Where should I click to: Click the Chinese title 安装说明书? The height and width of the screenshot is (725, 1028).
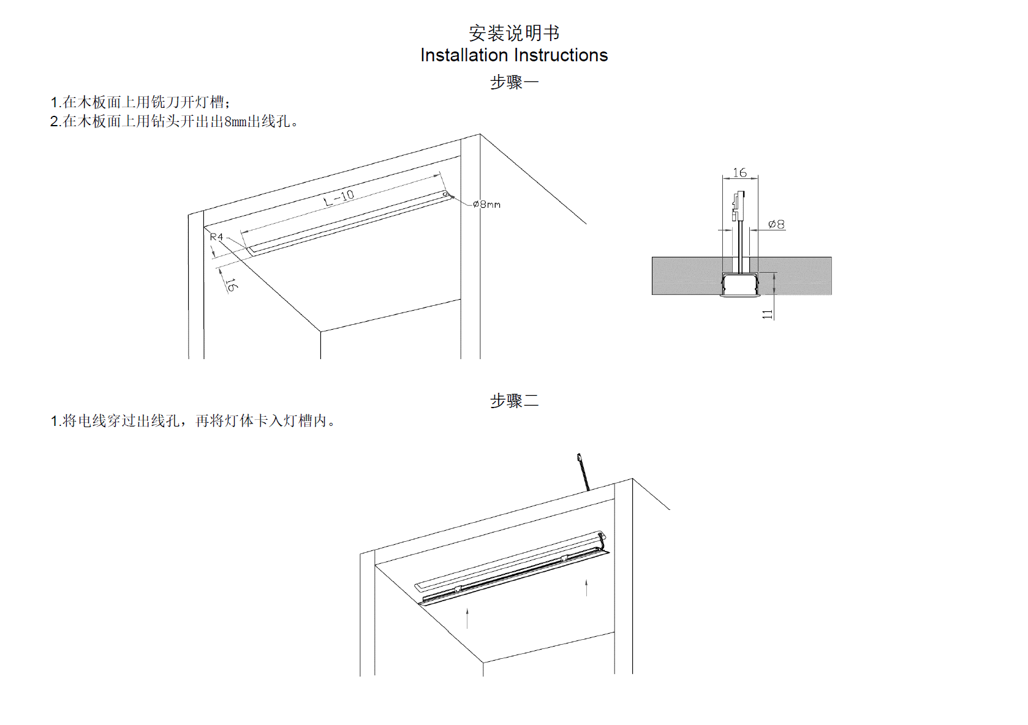tap(514, 32)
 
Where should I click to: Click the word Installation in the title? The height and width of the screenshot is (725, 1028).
tap(464, 55)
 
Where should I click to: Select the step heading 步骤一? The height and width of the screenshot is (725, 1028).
tap(514, 82)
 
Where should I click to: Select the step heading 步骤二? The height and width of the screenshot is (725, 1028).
tap(514, 401)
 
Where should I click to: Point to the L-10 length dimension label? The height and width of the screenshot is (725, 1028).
tap(339, 197)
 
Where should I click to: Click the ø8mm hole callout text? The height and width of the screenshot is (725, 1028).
tap(487, 204)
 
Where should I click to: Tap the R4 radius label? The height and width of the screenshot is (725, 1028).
tap(216, 237)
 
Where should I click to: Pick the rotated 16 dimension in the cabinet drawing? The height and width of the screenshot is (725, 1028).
tap(231, 284)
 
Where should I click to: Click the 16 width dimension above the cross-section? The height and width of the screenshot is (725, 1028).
tap(739, 173)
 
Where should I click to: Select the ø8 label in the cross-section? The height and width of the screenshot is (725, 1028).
tap(776, 224)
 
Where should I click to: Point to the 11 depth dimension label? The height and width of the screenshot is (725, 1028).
tap(767, 314)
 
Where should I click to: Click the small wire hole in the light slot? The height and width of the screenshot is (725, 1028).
tap(446, 195)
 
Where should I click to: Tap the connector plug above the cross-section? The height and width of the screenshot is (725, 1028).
tap(738, 205)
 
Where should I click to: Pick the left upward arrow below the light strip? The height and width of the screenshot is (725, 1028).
tap(467, 618)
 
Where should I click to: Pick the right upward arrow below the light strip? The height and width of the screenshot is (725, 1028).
tap(586, 587)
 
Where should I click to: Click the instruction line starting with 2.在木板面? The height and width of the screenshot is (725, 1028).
tap(174, 121)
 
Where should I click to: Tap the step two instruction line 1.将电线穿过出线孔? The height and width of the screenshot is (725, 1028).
tap(192, 421)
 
